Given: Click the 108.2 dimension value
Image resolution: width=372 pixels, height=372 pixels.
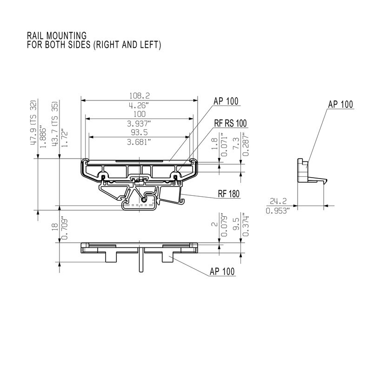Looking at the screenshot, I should [139, 95].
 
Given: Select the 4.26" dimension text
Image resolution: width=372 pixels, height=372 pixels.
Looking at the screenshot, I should [139, 105].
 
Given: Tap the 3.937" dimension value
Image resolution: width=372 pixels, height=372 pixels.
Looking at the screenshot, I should [139, 124].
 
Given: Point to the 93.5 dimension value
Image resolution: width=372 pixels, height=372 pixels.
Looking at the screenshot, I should [139, 133].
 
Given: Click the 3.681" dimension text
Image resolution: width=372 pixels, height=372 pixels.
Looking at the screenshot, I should [139, 142].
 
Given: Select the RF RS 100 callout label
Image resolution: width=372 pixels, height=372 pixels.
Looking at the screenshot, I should [230, 123].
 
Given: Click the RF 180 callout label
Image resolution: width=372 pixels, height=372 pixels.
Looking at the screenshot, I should [228, 195].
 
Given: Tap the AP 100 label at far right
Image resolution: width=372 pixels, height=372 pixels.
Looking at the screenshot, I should [340, 104].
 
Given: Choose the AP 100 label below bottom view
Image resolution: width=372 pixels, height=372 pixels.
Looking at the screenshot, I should [222, 272].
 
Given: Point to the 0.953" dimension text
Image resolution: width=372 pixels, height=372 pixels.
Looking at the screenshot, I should [278, 211].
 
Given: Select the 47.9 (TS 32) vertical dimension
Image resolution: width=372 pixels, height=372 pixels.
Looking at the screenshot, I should [33, 123].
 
